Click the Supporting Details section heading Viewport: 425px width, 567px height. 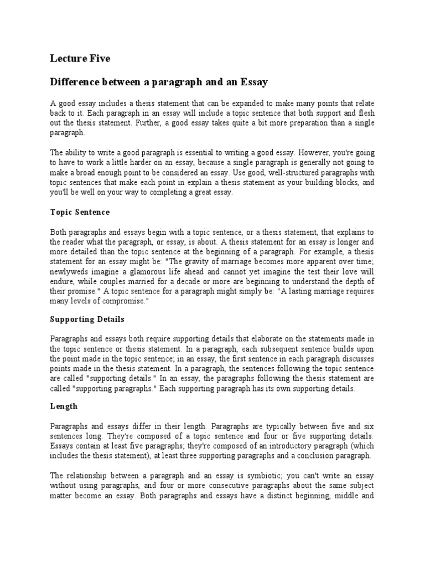pyautogui.click(x=87, y=319)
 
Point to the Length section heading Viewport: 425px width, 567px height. pyautogui.click(x=64, y=406)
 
